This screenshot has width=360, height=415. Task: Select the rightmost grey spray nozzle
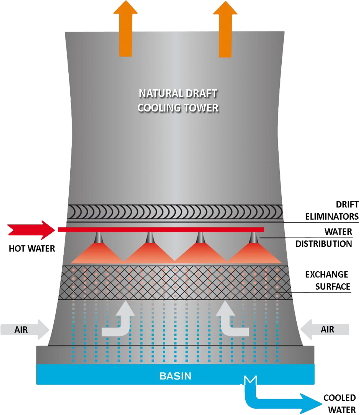point(253,237)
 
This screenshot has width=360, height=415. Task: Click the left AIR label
point(21,330)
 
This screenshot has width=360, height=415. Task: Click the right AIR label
point(327,330)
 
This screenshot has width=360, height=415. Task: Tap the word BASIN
point(175,376)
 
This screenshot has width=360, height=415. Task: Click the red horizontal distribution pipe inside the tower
point(161,230)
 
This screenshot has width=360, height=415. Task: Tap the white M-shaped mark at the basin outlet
point(250,381)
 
